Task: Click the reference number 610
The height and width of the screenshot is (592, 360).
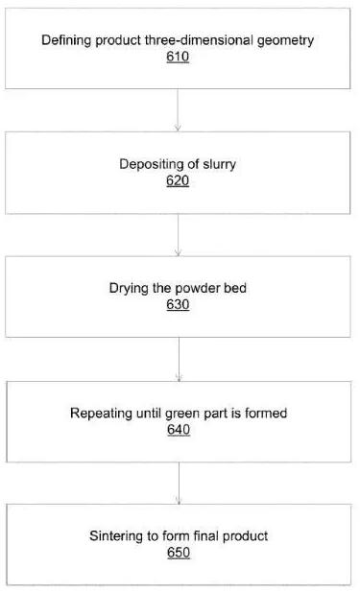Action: pyautogui.click(x=178, y=57)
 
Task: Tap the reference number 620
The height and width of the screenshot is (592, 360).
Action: pyautogui.click(x=178, y=180)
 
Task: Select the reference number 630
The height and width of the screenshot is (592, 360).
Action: pyautogui.click(x=178, y=304)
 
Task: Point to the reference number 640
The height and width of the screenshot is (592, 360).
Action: pyautogui.click(x=179, y=429)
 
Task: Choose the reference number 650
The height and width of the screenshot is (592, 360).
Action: pyautogui.click(x=179, y=553)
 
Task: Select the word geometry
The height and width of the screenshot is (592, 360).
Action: pyautogui.click(x=285, y=40)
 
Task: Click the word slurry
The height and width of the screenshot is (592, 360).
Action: pyautogui.click(x=219, y=165)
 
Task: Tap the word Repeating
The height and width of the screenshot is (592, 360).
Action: pyautogui.click(x=101, y=414)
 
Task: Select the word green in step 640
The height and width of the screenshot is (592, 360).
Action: pyautogui.click(x=182, y=414)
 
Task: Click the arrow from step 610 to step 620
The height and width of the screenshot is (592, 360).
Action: pyautogui.click(x=178, y=110)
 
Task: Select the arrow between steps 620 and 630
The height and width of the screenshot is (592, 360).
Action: pyautogui.click(x=178, y=235)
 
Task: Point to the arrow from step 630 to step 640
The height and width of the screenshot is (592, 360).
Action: pyautogui.click(x=179, y=360)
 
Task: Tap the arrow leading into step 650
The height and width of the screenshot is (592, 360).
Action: pyautogui.click(x=179, y=484)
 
